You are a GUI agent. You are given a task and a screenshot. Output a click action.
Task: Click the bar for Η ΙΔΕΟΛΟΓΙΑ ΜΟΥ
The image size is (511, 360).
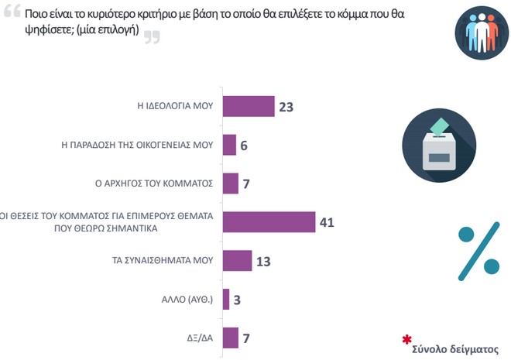click(x=249, y=106)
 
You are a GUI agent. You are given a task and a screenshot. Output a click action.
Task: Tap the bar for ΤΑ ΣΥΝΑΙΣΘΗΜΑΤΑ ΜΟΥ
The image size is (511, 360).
click(x=237, y=261)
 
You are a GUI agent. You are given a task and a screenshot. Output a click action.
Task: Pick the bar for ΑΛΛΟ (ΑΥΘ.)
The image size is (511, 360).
click(x=226, y=299)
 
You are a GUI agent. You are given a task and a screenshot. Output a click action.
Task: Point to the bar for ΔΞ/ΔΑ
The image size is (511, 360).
click(x=230, y=338)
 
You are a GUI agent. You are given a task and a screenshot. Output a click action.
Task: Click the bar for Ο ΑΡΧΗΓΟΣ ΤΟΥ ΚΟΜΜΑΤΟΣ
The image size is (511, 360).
click(x=230, y=183)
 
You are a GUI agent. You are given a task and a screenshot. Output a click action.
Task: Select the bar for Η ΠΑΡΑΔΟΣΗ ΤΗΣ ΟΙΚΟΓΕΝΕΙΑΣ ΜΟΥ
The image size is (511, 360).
click(x=229, y=145)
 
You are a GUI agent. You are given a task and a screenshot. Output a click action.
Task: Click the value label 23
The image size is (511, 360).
click(x=286, y=107)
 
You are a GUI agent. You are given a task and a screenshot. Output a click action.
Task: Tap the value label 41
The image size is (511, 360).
click(x=326, y=222)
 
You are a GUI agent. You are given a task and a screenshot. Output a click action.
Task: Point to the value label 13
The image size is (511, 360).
click(x=262, y=261)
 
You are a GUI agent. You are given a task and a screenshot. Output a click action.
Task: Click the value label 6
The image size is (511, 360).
click(x=243, y=145)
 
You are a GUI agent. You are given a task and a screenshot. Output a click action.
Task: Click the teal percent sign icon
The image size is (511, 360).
click(x=479, y=252)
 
